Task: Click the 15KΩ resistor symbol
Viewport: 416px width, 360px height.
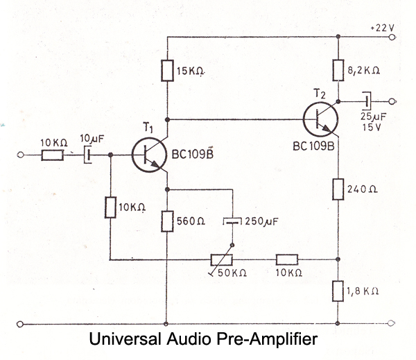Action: point(168,71)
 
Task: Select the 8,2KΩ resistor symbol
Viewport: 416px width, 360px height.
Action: point(338,69)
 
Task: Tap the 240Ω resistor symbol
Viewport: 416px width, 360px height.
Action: point(338,189)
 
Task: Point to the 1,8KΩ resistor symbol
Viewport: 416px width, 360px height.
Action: point(338,290)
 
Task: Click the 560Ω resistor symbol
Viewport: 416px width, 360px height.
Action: point(168,222)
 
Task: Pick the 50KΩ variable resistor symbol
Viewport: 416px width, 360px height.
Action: point(225,260)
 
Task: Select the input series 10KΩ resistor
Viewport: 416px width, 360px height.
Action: point(53,155)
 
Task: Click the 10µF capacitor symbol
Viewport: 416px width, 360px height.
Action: point(86,155)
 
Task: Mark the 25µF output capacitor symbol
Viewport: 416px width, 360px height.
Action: point(368,101)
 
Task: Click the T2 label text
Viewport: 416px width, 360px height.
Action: point(318,92)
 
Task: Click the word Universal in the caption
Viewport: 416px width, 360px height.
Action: point(122,341)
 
